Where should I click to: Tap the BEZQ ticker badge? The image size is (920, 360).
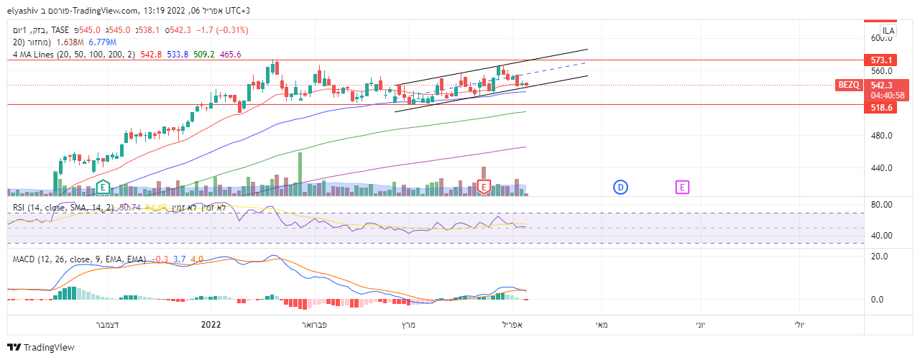[x=848, y=85]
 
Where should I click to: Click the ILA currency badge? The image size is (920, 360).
[x=888, y=31]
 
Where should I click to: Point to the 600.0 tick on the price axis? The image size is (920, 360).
[x=880, y=38]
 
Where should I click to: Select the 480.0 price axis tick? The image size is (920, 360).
[x=880, y=136]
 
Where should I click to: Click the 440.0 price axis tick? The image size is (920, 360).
[x=880, y=168]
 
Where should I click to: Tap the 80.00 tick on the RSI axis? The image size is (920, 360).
[x=880, y=205]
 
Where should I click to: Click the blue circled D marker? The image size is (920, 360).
[x=620, y=187]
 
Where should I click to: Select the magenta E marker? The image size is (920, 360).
[x=682, y=187]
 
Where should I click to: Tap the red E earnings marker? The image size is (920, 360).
[x=484, y=187]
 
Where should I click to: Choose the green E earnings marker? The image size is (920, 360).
[x=103, y=187]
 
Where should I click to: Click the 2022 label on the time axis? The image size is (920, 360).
[x=211, y=325]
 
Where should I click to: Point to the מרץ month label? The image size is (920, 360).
[x=409, y=325]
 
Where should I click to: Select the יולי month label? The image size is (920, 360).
[x=799, y=325]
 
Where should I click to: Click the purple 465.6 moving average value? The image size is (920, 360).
[x=230, y=54]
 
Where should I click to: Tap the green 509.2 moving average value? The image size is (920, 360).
[x=203, y=54]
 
